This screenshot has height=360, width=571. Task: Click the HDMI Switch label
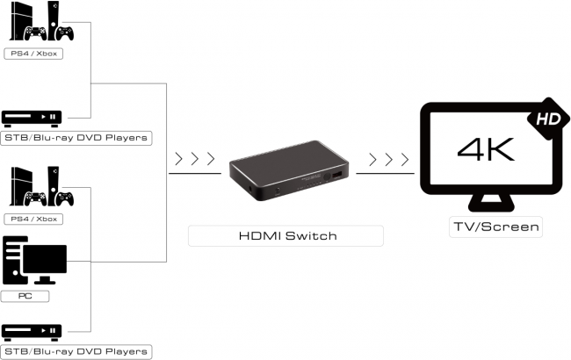coord(285,235)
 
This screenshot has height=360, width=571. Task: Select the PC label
coord(25,297)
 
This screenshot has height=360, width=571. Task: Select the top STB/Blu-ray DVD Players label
coord(74,138)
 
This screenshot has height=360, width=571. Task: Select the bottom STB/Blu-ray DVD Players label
coord(74,351)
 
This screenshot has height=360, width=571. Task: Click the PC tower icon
coord(15,261)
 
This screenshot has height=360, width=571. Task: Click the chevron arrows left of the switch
coord(194,161)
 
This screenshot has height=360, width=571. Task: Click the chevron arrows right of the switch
coord(389,161)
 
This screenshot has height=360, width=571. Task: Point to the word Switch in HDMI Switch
coord(311,235)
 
